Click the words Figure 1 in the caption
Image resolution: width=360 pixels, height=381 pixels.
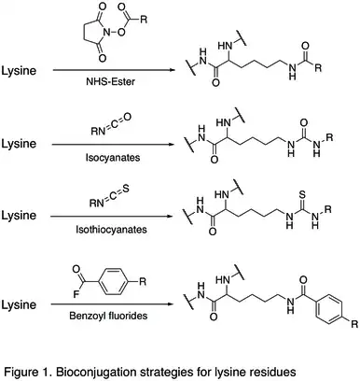click(x=29, y=364)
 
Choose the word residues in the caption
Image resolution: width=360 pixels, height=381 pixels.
click(x=271, y=364)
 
